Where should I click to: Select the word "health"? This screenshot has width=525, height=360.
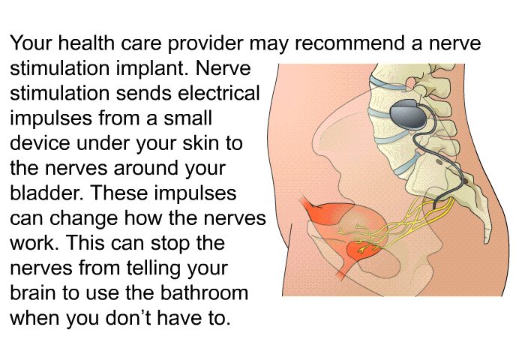tap(86, 43)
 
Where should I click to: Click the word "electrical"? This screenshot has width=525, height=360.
tap(219, 93)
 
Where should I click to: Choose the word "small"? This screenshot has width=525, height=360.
tap(187, 118)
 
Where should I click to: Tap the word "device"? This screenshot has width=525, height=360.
tap(40, 142)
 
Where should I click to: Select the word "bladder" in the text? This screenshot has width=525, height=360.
tap(46, 193)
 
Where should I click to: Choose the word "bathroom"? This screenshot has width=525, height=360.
tap(204, 292)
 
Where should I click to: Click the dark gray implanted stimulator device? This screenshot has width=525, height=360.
tap(409, 114)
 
